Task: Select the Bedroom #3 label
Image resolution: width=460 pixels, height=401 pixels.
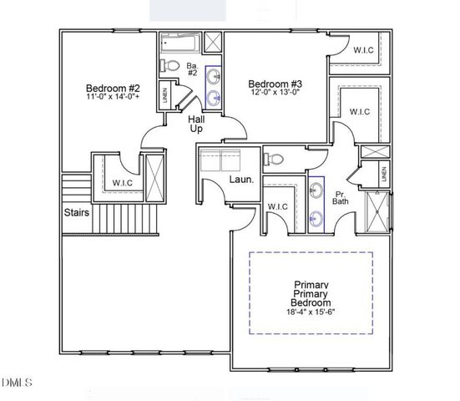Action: point(275,83)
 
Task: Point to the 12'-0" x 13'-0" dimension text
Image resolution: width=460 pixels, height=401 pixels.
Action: point(275,93)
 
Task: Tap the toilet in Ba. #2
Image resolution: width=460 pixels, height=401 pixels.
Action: point(169,65)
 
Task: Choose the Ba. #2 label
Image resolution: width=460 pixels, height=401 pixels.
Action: point(191,69)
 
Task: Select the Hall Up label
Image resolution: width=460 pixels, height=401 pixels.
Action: point(196,125)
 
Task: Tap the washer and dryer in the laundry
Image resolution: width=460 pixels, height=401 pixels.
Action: point(220,158)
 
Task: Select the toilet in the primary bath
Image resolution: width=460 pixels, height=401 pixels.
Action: point(276,158)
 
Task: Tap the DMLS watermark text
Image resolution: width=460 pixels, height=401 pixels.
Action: point(17,383)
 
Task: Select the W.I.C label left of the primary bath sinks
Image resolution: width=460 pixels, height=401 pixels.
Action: point(277,206)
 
